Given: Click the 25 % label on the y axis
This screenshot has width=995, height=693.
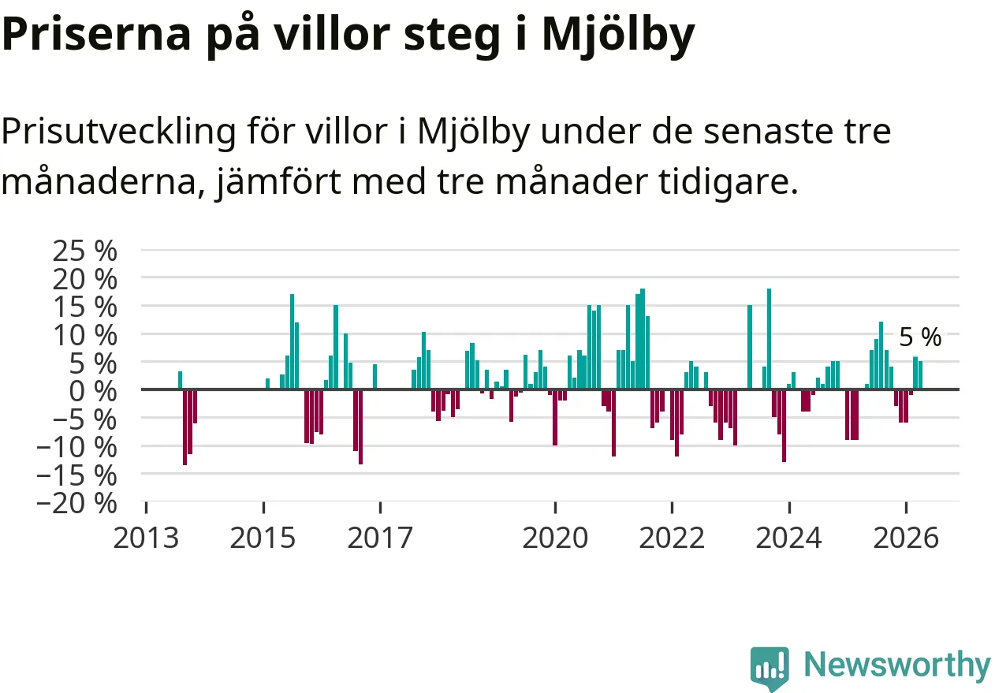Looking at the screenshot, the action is [85, 251].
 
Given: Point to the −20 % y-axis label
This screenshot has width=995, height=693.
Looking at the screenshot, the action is [76, 504].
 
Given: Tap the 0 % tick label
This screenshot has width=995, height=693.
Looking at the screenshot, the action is [93, 392].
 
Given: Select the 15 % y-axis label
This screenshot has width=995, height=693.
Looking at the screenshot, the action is [85, 307].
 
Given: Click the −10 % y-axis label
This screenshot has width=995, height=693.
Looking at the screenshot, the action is [76, 447].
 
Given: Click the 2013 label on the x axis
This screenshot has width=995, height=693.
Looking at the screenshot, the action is [146, 538].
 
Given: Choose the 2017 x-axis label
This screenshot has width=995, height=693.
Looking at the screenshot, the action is [380, 538].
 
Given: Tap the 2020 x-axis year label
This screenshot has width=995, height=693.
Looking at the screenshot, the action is [555, 538].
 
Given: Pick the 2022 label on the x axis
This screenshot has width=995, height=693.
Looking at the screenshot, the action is [672, 538].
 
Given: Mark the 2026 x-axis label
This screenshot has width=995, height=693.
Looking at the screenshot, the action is [906, 538].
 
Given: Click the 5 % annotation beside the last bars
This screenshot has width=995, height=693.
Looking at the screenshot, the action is [920, 337].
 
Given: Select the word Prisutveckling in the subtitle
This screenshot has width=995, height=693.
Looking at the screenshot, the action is [118, 132].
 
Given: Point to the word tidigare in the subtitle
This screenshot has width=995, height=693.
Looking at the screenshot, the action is [728, 182].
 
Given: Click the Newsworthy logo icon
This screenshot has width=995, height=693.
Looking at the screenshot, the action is [770, 668].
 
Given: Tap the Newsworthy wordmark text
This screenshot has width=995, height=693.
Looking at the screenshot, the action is [897, 665].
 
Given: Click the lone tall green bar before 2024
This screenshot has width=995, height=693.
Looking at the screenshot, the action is [749, 347].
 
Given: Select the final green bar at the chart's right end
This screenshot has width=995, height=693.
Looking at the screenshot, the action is [920, 375].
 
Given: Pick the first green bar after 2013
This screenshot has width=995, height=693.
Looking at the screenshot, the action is [180, 380].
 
